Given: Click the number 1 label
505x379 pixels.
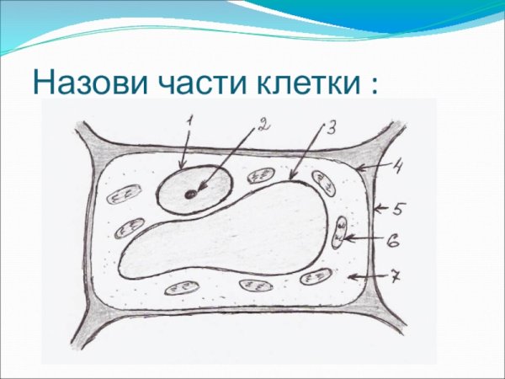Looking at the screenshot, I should pos(189,120).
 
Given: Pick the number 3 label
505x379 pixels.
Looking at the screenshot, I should pos(330,127).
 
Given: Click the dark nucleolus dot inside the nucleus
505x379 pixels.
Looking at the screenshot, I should pos(192,194).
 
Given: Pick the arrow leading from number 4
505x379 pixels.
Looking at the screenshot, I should pos(370,168).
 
